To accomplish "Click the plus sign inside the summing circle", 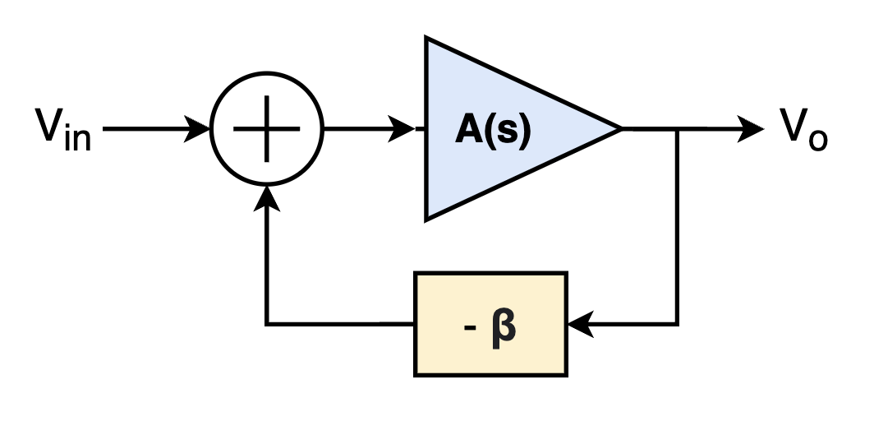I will [x=266, y=129].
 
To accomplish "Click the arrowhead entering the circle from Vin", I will [x=200, y=129].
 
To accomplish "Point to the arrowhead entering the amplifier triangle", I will [x=404, y=129].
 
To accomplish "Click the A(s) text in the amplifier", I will [x=494, y=129].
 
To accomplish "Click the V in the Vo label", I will [x=792, y=126].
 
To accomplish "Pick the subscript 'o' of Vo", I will [x=817, y=139].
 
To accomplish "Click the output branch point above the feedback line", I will [x=677, y=129].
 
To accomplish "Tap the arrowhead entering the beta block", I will [x=579, y=324].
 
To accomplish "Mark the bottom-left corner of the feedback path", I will [x=266, y=324].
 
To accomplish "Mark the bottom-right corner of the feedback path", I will [x=677, y=324].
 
